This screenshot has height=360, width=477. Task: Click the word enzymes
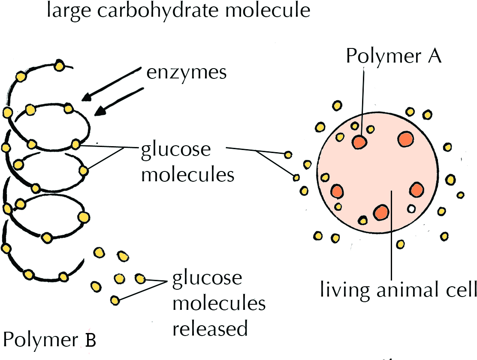click(x=186, y=72)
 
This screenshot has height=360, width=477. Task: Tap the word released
click(x=210, y=329)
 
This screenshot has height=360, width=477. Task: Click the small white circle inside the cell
click(x=412, y=209)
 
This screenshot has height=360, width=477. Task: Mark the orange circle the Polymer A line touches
click(x=359, y=142)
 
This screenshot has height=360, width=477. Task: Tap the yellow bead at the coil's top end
click(x=59, y=66)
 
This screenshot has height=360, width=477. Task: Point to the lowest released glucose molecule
click(x=115, y=300)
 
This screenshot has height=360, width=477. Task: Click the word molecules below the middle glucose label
click(x=187, y=175)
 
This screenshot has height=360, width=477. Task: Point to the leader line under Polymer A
click(x=363, y=99)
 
